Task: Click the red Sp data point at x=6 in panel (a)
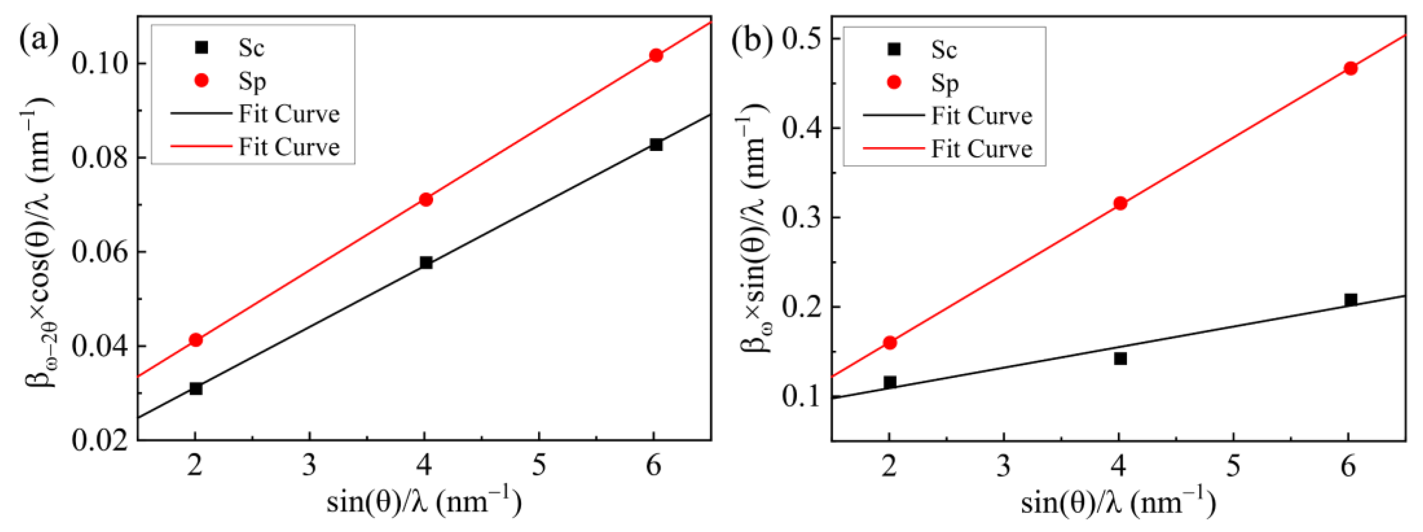click(x=656, y=55)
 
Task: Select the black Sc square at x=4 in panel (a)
click(x=426, y=263)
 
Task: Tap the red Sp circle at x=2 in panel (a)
click(x=196, y=340)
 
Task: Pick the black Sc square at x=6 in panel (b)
click(x=1351, y=300)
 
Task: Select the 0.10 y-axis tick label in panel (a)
click(x=100, y=63)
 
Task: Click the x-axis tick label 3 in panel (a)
click(x=310, y=466)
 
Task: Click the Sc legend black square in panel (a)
click(x=202, y=47)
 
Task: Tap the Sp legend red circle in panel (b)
click(x=893, y=82)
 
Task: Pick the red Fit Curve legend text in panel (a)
click(x=289, y=147)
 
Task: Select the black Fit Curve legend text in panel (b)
click(x=982, y=116)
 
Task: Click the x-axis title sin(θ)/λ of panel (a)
click(x=424, y=502)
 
